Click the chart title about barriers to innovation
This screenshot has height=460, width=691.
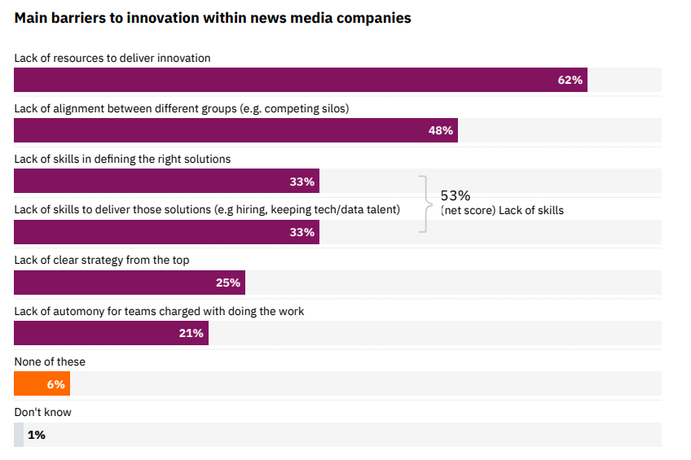213,18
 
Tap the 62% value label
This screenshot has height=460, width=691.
570,80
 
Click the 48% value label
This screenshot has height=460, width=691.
440,130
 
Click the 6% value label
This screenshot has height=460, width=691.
55,384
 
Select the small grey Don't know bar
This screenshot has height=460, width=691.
19,435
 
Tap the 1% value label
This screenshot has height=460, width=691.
37,435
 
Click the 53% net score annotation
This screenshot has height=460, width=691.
456,195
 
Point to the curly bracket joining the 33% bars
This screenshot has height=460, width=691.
424,204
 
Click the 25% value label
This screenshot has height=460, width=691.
227,283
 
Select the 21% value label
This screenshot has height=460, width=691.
191,333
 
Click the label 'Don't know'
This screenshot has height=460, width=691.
42,412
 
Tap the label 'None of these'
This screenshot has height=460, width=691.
50,361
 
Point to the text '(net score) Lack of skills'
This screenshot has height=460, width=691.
502,211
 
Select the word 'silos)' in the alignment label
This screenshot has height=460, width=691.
332,108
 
